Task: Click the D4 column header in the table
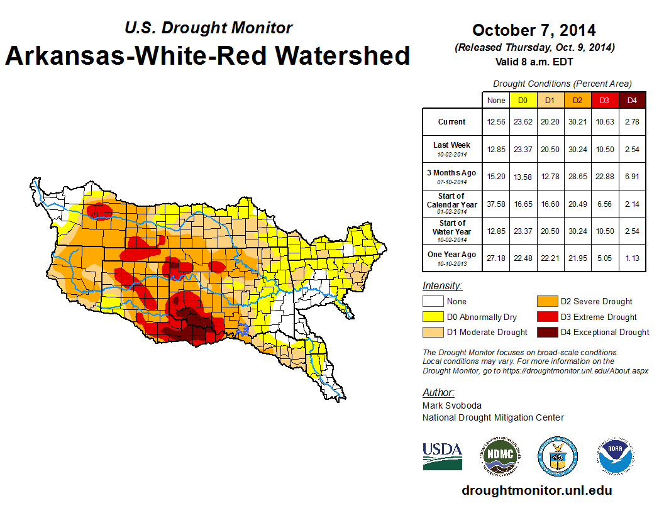click(x=632, y=101)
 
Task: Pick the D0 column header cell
click(x=523, y=101)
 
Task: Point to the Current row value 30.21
click(x=577, y=122)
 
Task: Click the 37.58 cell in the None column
click(x=496, y=204)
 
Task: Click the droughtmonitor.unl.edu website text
click(x=536, y=490)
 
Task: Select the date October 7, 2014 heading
click(x=534, y=30)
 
